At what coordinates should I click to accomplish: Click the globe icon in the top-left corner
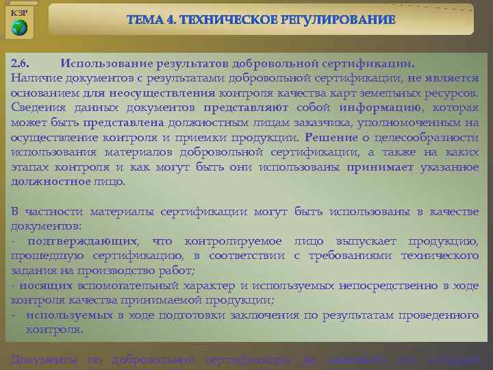20,27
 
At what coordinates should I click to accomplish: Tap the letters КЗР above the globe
20,12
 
